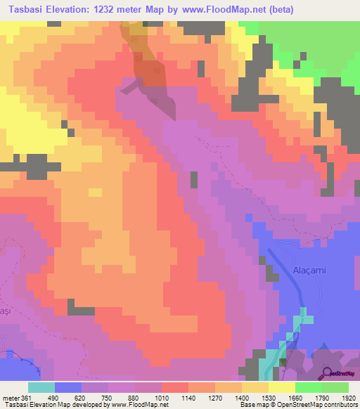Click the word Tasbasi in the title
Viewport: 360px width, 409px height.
pyautogui.click(x=27, y=10)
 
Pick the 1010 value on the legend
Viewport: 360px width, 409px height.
pyautogui.click(x=162, y=397)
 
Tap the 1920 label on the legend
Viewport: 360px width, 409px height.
pyautogui.click(x=349, y=397)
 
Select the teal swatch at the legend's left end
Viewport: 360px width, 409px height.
pyautogui.click(x=41, y=387)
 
